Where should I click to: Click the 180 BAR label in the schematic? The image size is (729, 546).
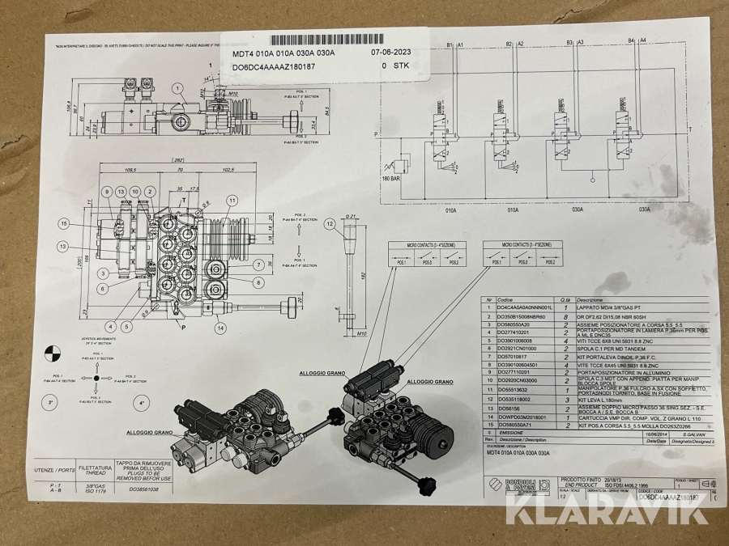393,179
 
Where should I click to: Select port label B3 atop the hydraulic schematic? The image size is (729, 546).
569,42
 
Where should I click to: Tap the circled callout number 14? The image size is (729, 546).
220,328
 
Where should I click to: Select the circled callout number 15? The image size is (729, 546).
64,223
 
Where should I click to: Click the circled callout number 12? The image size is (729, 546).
329,223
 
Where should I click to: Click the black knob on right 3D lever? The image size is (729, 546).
423,491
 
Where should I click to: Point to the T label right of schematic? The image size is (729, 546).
688,129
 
